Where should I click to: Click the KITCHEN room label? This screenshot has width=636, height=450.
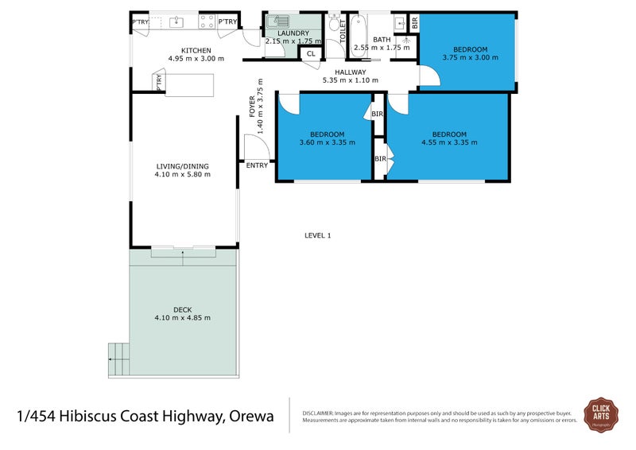(x=196, y=50)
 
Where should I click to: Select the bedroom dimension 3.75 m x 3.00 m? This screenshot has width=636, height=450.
(x=465, y=57)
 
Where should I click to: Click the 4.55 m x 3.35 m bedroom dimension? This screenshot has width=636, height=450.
(x=449, y=142)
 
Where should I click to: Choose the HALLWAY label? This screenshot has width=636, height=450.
(x=350, y=72)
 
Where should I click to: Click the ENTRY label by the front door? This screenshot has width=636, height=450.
(x=257, y=165)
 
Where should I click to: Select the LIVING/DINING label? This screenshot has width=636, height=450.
(x=183, y=166)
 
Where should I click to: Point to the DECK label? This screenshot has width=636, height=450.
(x=183, y=309)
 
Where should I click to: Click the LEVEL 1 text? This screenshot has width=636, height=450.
(x=317, y=235)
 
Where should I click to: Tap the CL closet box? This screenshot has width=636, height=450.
(x=310, y=54)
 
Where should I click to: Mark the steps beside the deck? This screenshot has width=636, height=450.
(x=118, y=359)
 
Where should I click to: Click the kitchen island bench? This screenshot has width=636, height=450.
(x=189, y=83)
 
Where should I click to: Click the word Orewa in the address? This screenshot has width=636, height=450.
(x=252, y=416)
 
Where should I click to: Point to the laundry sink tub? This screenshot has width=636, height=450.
(x=279, y=22)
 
